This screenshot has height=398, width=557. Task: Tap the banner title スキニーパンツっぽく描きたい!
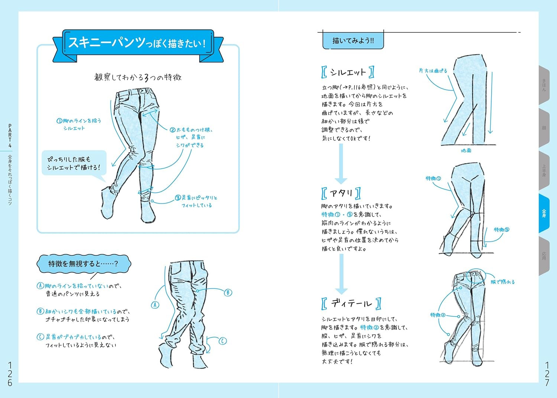click(x=137, y=43)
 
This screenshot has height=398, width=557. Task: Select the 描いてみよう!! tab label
click(x=353, y=40)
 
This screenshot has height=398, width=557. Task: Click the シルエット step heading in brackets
click(x=348, y=72)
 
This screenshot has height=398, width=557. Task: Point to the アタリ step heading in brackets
click(x=341, y=193)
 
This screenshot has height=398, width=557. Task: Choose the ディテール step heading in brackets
click(x=351, y=303)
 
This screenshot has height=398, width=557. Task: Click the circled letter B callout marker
click(x=228, y=293)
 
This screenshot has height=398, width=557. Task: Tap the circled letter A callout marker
click(x=155, y=305)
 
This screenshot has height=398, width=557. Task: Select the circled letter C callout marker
click(x=222, y=341)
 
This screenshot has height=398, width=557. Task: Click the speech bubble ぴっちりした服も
click(x=74, y=163)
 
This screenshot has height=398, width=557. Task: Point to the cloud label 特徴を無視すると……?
click(x=84, y=264)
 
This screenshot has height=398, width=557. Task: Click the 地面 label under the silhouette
click(x=466, y=150)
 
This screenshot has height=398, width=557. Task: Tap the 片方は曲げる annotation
click(x=433, y=71)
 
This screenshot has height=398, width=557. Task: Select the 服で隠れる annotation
click(x=502, y=282)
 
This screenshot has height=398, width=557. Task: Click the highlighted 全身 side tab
click(x=544, y=213)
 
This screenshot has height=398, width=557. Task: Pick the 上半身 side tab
click(x=544, y=170)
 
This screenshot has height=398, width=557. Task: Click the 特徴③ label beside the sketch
click(x=501, y=230)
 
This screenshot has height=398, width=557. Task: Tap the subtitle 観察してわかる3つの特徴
click(x=138, y=77)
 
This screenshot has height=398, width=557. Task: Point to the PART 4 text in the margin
click(x=10, y=136)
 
